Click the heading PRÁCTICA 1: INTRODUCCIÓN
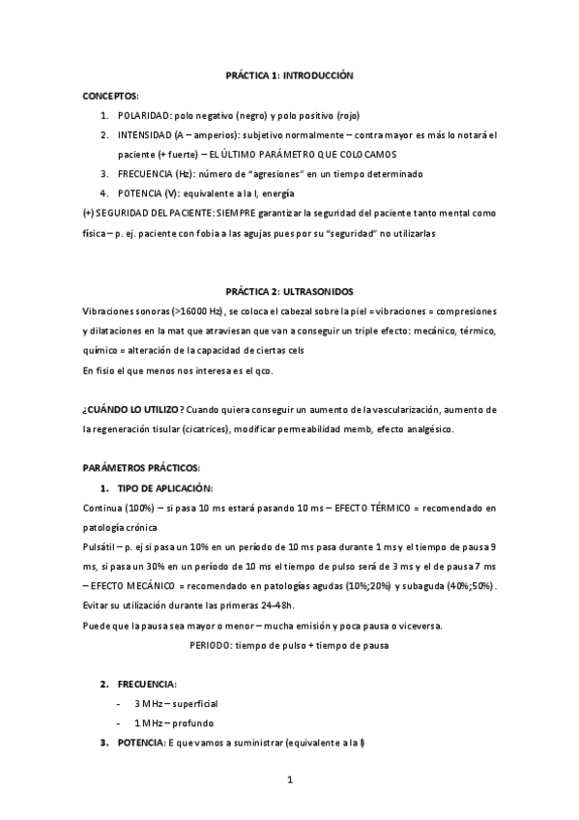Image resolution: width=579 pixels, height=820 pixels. click(290, 74)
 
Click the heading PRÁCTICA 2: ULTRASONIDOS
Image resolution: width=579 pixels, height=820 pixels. click(290, 290)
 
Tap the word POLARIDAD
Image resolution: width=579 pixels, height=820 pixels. click(144, 115)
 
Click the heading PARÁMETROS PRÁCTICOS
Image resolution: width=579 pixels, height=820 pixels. click(141, 468)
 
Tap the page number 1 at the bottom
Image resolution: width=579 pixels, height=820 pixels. click(289, 778)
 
